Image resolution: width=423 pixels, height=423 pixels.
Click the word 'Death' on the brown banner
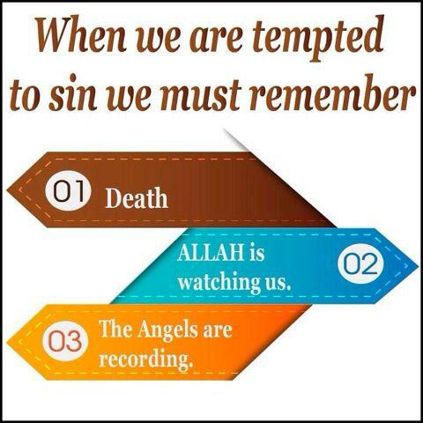[137, 197]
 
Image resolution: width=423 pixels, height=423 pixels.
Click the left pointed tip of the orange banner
[8, 340]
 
